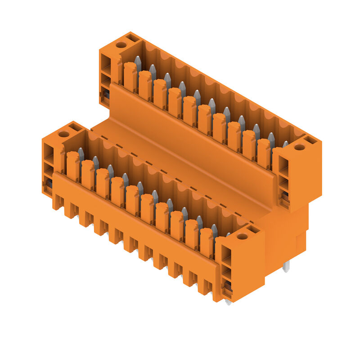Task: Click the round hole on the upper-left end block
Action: pos(121,45)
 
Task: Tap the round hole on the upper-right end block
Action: pos(300,147)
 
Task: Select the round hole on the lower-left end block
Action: pos(63,134)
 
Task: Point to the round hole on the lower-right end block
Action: pos(242,236)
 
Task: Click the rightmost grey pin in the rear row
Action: pos(285,144)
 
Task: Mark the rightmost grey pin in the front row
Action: pos(228,234)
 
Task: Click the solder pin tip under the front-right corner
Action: pos(228,302)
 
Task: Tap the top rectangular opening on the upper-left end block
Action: pos(105,61)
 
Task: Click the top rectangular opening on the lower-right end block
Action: pos(226,254)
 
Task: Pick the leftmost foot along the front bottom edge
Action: pos(57,202)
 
